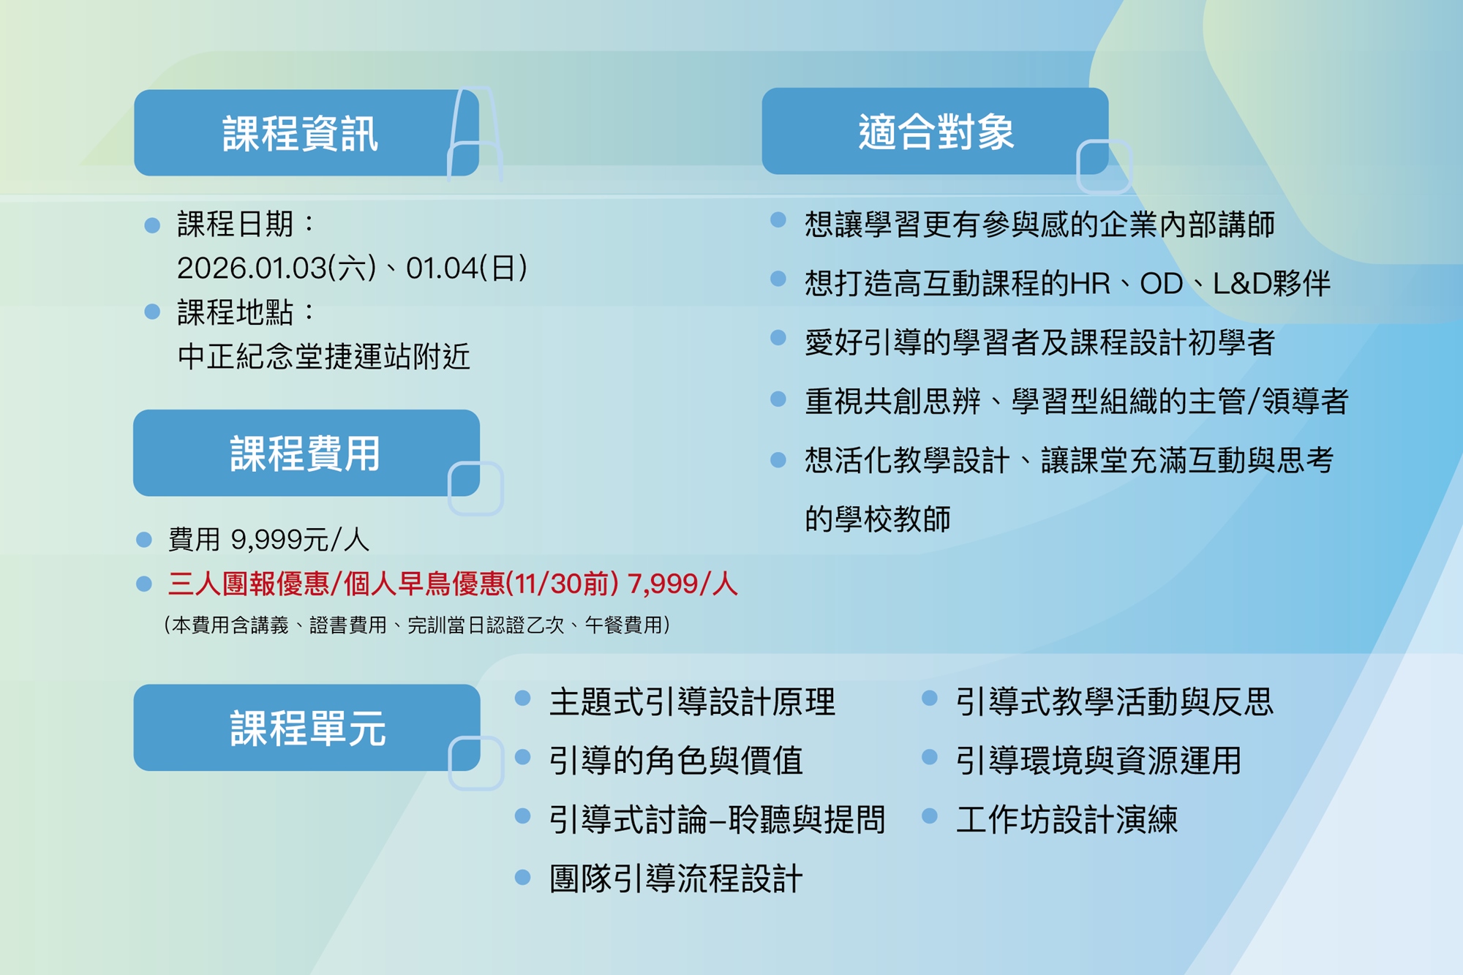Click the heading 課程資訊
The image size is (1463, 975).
click(x=300, y=133)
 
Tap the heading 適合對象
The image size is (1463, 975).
click(x=936, y=132)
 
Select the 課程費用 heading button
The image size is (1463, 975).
click(x=306, y=453)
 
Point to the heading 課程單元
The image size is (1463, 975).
click(x=307, y=728)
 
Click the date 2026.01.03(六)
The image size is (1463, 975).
click(x=277, y=268)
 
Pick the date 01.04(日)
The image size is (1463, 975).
click(x=467, y=268)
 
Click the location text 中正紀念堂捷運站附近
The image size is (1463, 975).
click(x=323, y=357)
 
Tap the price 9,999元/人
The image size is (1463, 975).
click(x=300, y=540)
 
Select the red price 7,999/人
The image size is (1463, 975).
click(x=682, y=584)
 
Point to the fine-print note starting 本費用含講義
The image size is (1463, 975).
click(x=417, y=625)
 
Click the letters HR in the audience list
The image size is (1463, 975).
click(x=1090, y=284)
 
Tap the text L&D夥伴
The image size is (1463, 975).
click(x=1271, y=284)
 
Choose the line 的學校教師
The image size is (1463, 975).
click(x=878, y=519)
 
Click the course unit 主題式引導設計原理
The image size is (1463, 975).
click(x=692, y=701)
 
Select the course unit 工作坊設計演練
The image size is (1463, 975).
click(x=1067, y=819)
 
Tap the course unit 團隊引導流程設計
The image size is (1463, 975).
click(x=676, y=878)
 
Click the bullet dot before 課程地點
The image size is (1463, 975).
click(x=152, y=312)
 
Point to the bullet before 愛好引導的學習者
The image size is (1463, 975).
click(x=778, y=337)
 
